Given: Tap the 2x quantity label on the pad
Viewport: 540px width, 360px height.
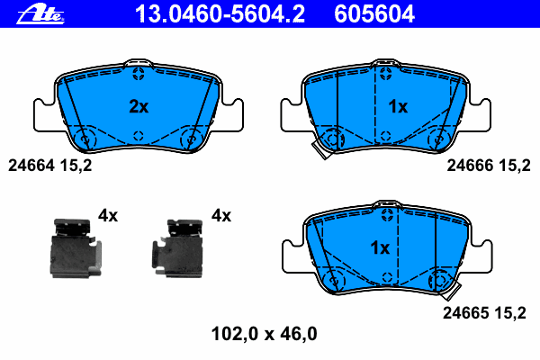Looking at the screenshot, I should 138,106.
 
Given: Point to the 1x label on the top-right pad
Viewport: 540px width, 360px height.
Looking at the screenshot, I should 397,106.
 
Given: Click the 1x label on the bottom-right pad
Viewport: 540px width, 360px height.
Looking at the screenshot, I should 379,247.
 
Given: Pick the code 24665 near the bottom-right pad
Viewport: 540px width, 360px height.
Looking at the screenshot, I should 464,312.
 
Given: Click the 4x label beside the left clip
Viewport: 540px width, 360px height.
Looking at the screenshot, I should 108,215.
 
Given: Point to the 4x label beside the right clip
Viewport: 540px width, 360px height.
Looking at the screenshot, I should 220,215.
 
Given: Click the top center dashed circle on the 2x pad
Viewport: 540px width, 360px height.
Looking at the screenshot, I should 138,73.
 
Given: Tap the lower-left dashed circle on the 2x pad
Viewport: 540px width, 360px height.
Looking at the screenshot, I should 86,139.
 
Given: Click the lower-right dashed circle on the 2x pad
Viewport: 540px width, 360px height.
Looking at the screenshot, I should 190,139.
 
